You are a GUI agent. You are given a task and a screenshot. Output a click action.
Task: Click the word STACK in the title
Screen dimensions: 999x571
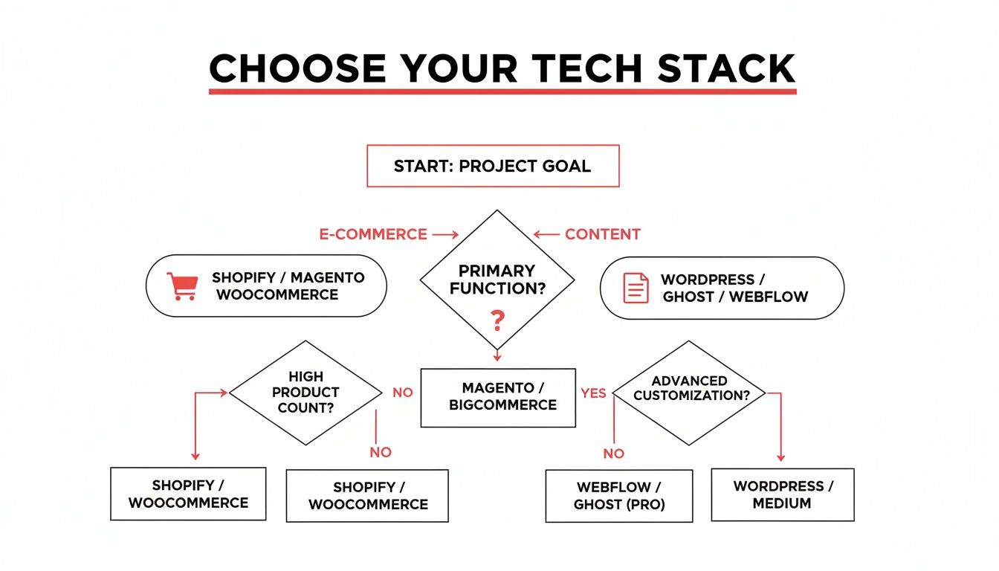tap(726, 68)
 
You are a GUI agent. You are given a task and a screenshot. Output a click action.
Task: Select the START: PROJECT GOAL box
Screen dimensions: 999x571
tap(493, 166)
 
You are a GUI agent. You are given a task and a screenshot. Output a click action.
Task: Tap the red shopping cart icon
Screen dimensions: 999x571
tap(182, 286)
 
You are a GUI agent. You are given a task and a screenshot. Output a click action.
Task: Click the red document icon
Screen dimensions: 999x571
tap(636, 288)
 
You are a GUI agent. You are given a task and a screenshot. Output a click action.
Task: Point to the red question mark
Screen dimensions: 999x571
tap(497, 320)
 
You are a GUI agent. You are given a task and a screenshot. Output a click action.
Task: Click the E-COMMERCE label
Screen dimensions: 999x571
tap(373, 234)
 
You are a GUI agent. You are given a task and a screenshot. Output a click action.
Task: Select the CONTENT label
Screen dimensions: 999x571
tap(603, 234)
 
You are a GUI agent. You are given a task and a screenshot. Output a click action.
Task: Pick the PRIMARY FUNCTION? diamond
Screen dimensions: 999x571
tap(497, 280)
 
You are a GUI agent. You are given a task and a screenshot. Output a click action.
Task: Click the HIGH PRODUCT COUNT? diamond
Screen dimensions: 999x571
tap(305, 393)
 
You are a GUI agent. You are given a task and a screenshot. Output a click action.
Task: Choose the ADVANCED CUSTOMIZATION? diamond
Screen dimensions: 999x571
tap(689, 393)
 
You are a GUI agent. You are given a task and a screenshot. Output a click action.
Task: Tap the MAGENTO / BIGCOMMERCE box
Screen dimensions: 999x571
tap(498, 398)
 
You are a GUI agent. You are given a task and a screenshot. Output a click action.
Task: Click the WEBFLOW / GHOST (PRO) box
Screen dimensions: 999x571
tap(619, 496)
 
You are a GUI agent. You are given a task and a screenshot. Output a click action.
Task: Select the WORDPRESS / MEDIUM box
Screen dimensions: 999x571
tap(783, 494)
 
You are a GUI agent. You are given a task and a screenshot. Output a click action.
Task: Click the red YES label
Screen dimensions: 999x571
tap(593, 393)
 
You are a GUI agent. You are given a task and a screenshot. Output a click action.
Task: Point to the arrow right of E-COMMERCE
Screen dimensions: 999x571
tap(445, 235)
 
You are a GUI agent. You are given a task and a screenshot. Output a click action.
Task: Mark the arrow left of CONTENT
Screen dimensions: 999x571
tap(546, 235)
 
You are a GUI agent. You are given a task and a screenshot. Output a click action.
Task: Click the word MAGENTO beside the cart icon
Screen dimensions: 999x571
tap(328, 277)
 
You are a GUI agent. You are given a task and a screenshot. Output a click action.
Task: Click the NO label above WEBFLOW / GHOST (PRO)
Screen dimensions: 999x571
tap(614, 454)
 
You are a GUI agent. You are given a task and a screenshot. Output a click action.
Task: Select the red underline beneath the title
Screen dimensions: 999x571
tap(502, 91)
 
